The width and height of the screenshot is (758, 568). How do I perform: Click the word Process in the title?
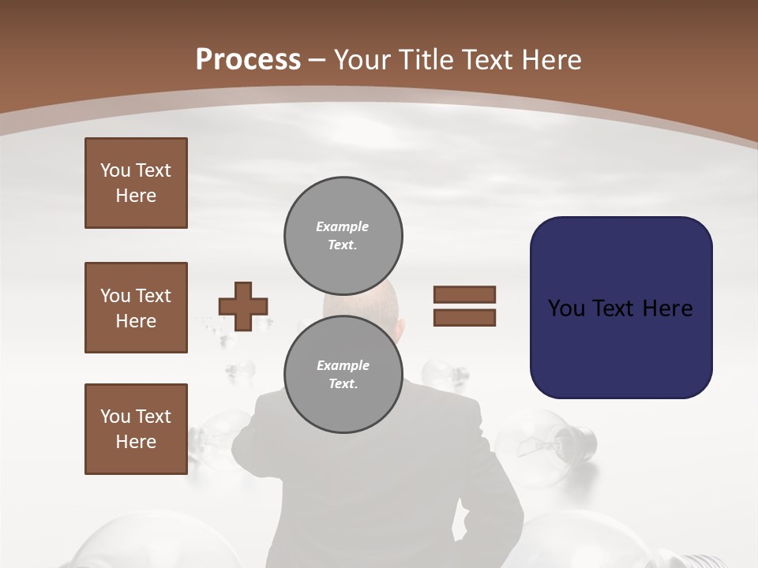tap(248, 59)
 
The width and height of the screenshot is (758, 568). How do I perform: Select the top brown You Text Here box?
tap(136, 183)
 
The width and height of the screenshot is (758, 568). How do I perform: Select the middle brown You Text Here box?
tap(136, 308)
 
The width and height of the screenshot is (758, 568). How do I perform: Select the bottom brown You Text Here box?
tap(136, 429)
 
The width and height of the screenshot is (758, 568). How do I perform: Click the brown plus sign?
tap(243, 306)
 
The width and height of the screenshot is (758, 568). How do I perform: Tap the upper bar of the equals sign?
tap(464, 294)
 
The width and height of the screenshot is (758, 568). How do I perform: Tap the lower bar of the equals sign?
tap(464, 318)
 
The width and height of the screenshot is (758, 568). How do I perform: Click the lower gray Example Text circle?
tap(343, 374)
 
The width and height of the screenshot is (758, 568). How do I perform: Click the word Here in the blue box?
tap(667, 308)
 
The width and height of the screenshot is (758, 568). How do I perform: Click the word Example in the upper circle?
tap(343, 226)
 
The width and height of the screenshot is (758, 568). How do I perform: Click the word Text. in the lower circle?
tap(343, 383)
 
